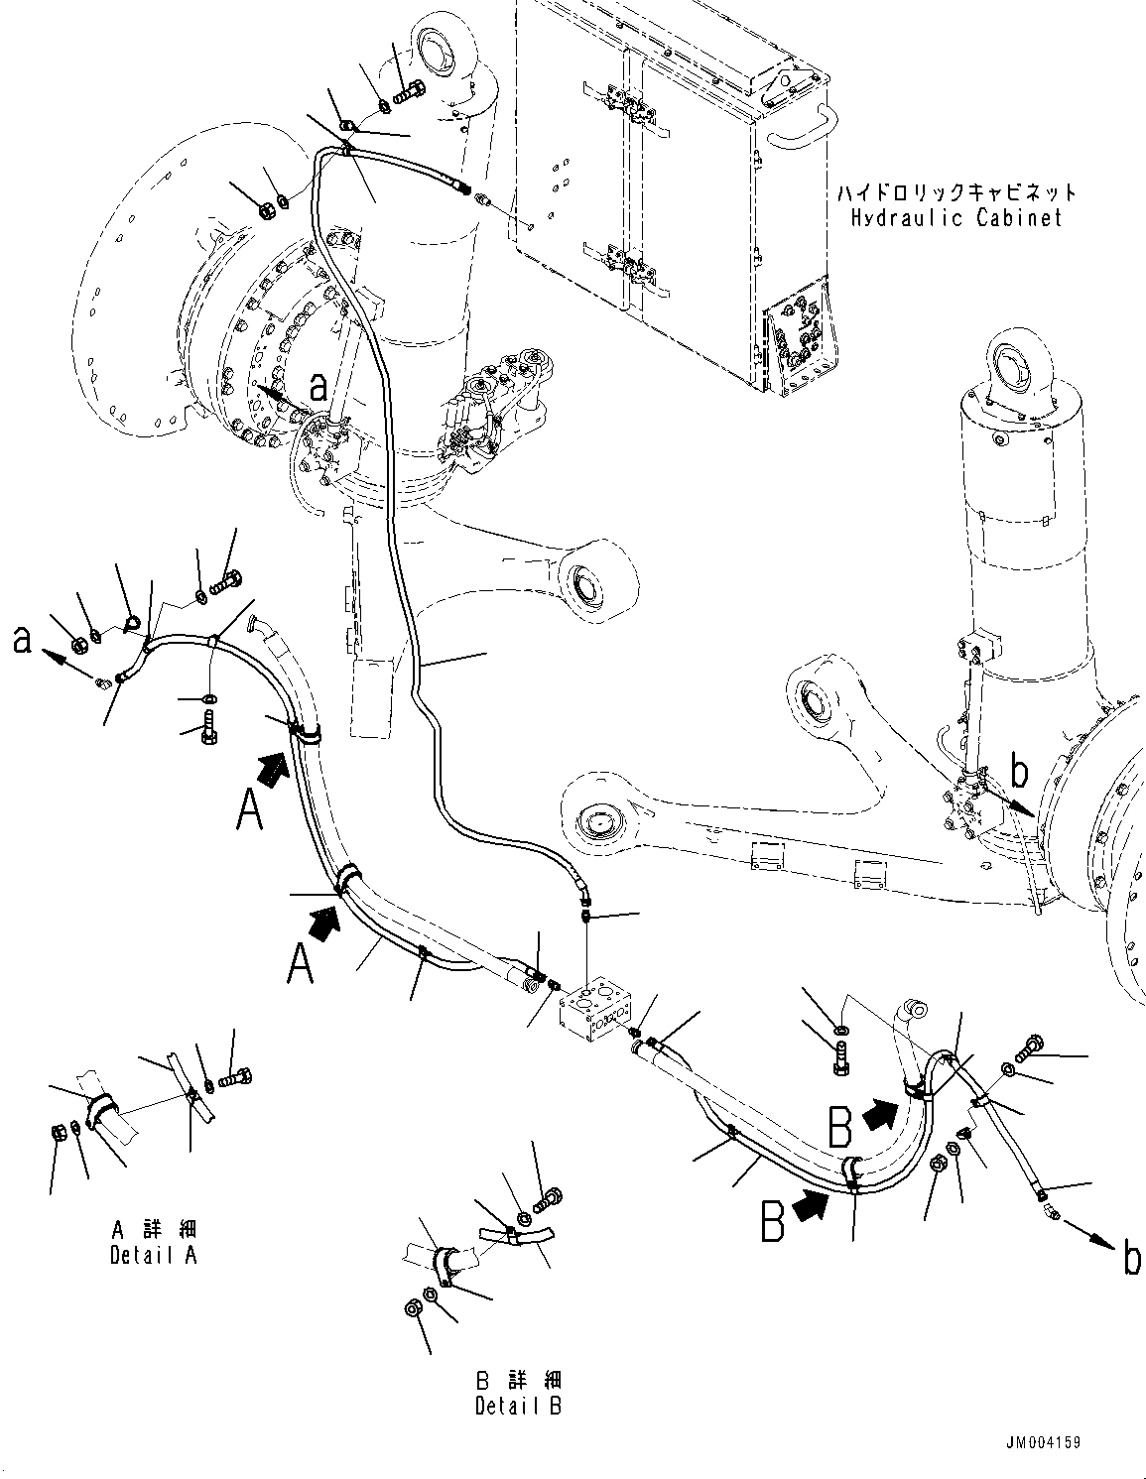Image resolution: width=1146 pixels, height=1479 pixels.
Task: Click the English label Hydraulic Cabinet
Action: pyautogui.click(x=955, y=218)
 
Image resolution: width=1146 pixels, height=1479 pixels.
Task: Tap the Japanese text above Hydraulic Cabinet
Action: pyautogui.click(x=955, y=191)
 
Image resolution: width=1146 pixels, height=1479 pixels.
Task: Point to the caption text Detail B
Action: pyautogui.click(x=518, y=1406)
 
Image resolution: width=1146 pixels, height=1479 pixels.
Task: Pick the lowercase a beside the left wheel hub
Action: pyautogui.click(x=318, y=387)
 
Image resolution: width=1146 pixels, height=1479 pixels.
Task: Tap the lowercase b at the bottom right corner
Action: pyautogui.click(x=1130, y=1260)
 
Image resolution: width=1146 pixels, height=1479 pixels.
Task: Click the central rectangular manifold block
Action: pyautogui.click(x=595, y=1008)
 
